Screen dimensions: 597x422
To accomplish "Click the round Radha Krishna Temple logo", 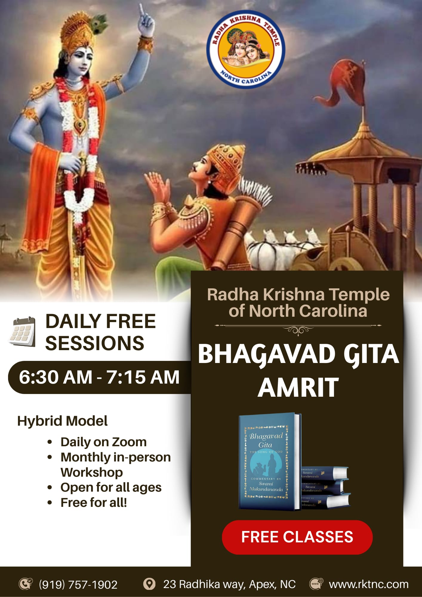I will click(x=245, y=50).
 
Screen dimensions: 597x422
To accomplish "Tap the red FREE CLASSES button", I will click(x=297, y=537).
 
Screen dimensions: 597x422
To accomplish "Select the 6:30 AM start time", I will click(x=56, y=377).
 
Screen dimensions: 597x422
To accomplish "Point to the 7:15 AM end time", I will click(x=143, y=377).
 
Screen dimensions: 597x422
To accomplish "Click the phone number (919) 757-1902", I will click(x=78, y=584).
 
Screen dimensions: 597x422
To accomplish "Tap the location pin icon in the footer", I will click(x=149, y=584).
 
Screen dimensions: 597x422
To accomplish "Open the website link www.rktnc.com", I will click(x=369, y=584).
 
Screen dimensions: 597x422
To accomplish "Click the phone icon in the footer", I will click(x=26, y=584).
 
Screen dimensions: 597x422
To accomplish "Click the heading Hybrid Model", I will click(x=62, y=421).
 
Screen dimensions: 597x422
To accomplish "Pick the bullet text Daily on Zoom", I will click(x=104, y=442).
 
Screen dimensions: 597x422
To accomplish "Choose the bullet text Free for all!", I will click(x=94, y=503).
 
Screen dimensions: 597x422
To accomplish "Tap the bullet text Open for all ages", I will click(x=111, y=487).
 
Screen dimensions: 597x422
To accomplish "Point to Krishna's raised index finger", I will click(x=141, y=10).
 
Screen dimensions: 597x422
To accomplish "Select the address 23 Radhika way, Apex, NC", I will click(x=229, y=584).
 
